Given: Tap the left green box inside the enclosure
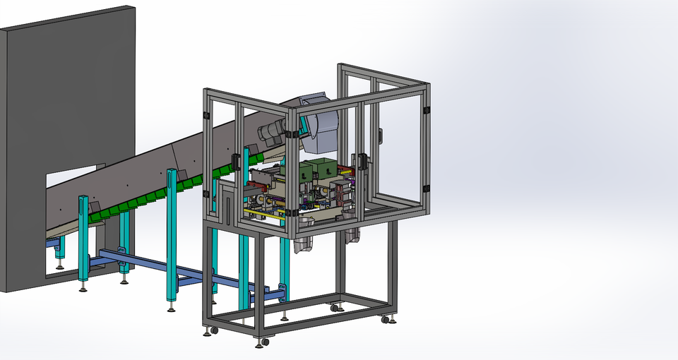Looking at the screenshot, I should click(x=306, y=171).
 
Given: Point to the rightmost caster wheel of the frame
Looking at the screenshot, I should click(x=387, y=320).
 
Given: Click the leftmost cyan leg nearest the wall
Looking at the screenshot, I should click(x=83, y=236).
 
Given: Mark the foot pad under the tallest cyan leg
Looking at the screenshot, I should click(x=172, y=308).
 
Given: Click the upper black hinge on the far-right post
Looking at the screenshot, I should click(x=427, y=110).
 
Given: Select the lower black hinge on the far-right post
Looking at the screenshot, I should click(x=427, y=188).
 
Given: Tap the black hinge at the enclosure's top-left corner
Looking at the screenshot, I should click(x=207, y=115).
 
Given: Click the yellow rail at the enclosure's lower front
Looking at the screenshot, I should click(x=265, y=212).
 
